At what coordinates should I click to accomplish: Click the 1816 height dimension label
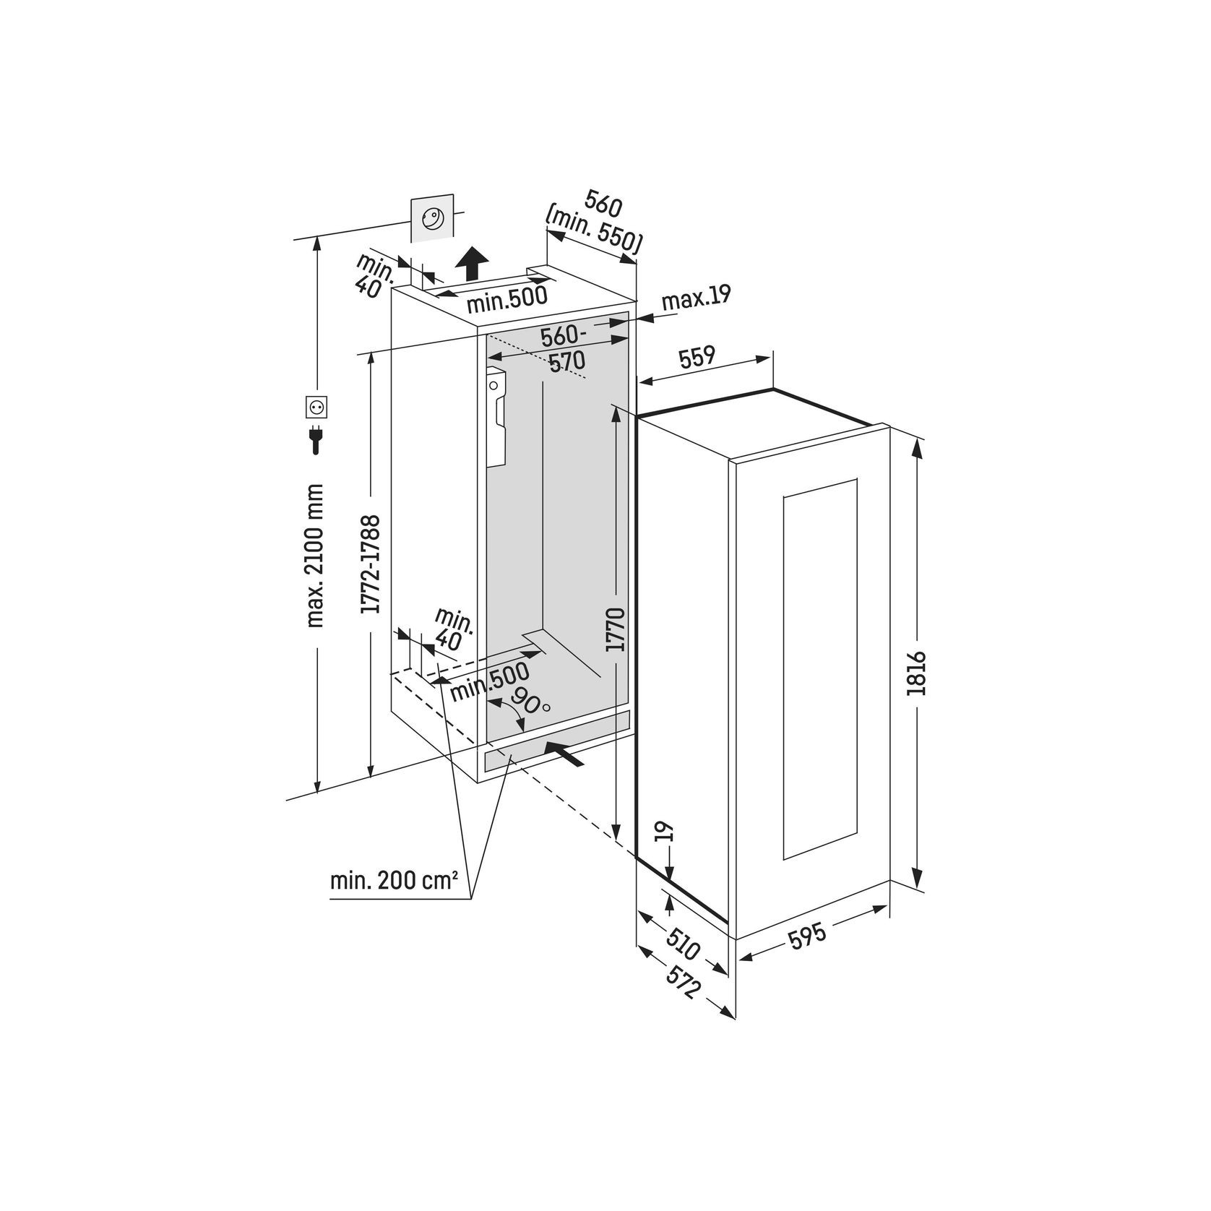tap(916, 673)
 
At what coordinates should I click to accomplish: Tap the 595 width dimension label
tap(807, 936)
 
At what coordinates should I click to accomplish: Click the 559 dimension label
tap(697, 356)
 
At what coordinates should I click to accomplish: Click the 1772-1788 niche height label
tap(371, 564)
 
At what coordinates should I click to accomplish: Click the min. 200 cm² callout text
tap(394, 881)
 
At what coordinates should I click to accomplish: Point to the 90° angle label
tap(529, 699)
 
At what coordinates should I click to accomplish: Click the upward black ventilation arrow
tap(473, 263)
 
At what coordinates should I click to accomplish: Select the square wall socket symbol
tap(316, 408)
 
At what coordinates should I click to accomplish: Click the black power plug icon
tap(316, 439)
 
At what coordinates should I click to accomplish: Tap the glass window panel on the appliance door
tap(819, 668)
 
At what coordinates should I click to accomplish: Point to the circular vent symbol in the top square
tap(432, 217)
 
